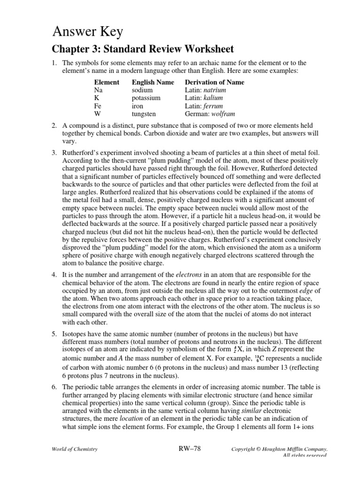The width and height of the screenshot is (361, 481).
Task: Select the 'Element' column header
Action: coord(106,82)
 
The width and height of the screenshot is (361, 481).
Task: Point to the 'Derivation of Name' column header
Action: coord(215,82)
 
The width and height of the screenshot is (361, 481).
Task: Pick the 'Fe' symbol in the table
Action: coord(98,106)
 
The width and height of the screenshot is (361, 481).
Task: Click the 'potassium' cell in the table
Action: coord(147,98)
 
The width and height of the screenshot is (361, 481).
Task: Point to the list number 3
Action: coord(54,153)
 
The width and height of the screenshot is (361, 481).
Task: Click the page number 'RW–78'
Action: coord(188,449)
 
